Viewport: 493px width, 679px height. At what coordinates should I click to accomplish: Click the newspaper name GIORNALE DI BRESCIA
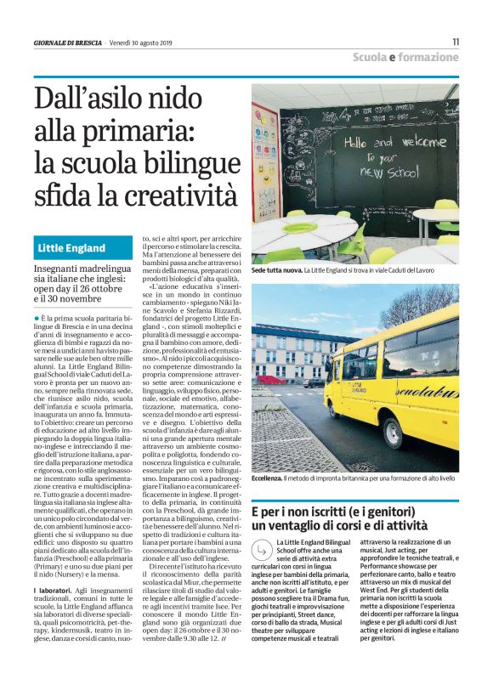point(68,42)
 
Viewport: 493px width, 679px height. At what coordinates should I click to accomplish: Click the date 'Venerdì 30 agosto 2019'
point(145,42)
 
